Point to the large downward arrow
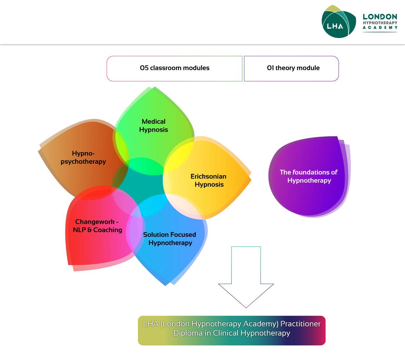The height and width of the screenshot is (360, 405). (x=246, y=280)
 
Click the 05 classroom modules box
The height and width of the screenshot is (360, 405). (x=174, y=68)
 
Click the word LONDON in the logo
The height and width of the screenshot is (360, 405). (x=380, y=17)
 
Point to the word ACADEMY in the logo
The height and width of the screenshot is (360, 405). (x=380, y=28)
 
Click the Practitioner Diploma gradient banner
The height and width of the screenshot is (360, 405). (x=232, y=330)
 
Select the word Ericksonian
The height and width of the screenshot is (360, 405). (x=208, y=176)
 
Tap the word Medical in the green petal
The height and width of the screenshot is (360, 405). (x=153, y=122)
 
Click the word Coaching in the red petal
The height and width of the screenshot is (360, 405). (x=108, y=230)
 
